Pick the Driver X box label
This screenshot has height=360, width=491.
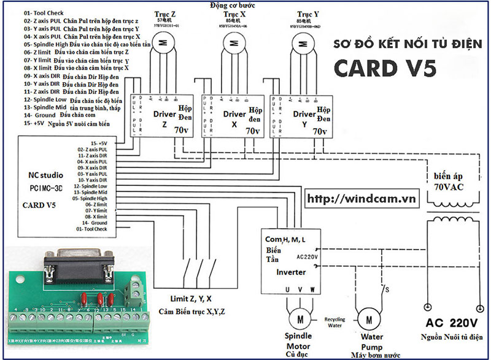pyautogui.click(x=234, y=114)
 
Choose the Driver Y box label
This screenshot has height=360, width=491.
pyautogui.click(x=304, y=114)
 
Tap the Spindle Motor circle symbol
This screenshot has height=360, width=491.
pyautogui.click(x=300, y=319)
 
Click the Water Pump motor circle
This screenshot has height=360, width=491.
pyautogui.click(x=369, y=319)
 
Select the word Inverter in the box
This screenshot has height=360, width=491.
pyautogui.click(x=291, y=272)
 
